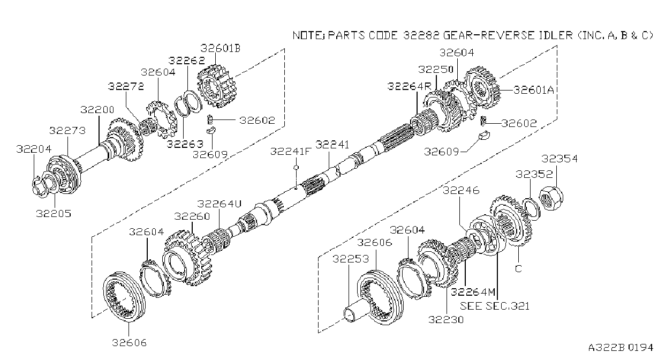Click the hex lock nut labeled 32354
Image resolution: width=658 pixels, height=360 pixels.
[x=551, y=198]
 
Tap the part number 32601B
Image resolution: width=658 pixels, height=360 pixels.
[x=220, y=48]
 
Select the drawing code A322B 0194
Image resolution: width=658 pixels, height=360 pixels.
[x=621, y=348]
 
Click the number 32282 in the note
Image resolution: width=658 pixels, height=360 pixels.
[x=421, y=35]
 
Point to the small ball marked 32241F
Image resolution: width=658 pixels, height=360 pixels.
[x=296, y=167]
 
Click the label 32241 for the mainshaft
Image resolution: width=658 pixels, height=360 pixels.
[x=332, y=145]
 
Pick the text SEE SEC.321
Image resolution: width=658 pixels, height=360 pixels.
[x=494, y=306]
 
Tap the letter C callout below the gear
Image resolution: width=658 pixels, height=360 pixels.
[x=518, y=268]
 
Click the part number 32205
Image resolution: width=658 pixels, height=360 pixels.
[x=54, y=213]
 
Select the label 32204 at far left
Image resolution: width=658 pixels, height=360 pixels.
[x=34, y=149]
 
